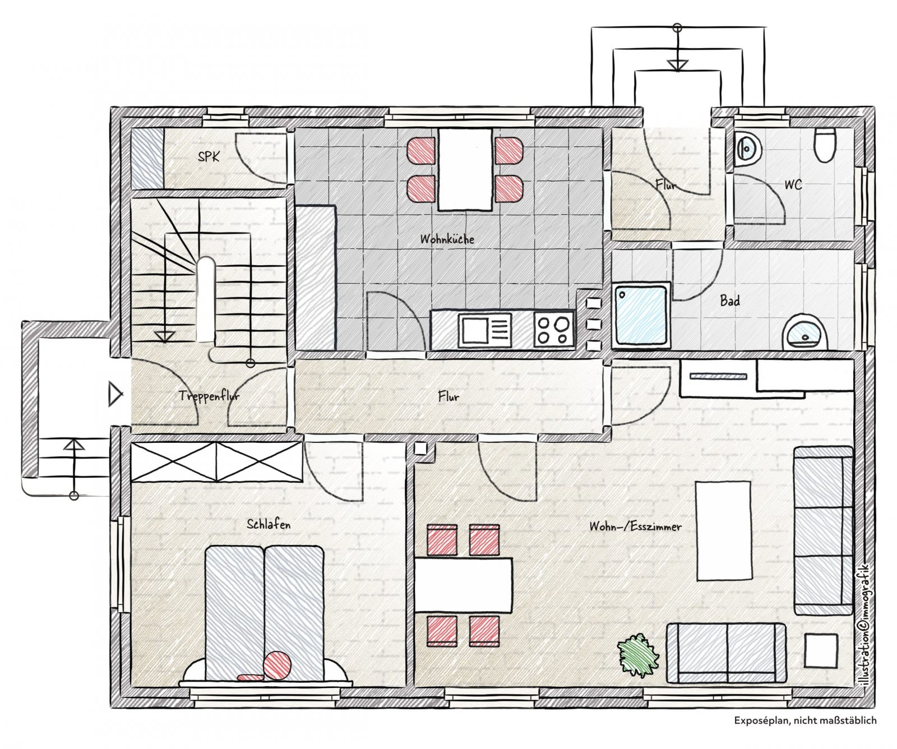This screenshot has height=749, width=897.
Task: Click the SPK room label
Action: tap(209, 156)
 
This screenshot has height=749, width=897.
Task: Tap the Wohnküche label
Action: tap(447, 239)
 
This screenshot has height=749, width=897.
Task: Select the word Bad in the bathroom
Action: tap(729, 301)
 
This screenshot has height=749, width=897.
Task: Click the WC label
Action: tap(793, 184)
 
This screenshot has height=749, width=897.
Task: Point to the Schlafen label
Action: tap(269, 525)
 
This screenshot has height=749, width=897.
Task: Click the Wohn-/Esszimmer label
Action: tap(635, 526)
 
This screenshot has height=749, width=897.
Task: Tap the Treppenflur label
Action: tap(209, 396)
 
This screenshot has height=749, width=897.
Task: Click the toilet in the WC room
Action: tap(825, 145)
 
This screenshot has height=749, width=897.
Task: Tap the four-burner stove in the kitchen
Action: tap(553, 330)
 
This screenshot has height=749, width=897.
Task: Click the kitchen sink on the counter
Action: tap(485, 330)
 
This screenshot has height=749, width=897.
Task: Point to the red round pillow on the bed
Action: tap(278, 665)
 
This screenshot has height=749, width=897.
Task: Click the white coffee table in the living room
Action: tap(723, 530)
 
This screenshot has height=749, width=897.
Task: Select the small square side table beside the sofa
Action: tap(821, 651)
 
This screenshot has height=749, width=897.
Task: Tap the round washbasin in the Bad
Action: tap(805, 332)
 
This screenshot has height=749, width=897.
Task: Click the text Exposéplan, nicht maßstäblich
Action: tap(805, 720)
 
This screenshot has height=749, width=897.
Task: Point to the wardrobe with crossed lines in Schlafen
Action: tap(217, 462)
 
